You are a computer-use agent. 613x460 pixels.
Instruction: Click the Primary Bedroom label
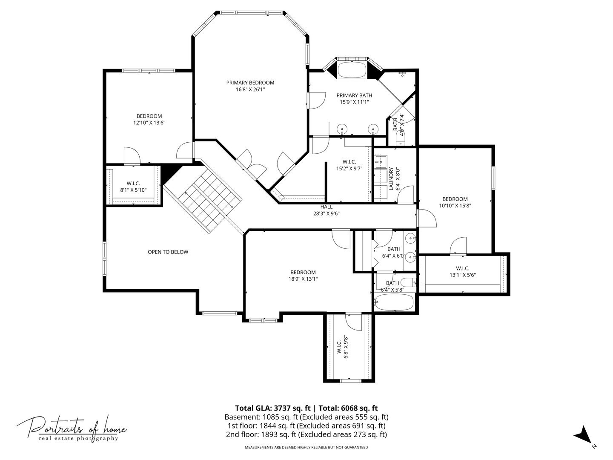[x=250, y=86]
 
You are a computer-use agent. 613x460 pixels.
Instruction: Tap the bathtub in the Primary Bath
[x=352, y=70]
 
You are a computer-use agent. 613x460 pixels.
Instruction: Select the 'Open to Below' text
[x=168, y=252]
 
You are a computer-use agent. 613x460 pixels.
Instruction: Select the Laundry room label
[x=394, y=178]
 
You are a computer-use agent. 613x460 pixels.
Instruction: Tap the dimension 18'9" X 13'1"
[x=303, y=279]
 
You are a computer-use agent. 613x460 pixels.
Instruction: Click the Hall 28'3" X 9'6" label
[x=327, y=210]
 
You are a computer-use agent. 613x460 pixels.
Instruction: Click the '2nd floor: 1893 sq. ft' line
[x=306, y=434]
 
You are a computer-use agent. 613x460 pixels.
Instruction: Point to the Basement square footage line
[x=306, y=417]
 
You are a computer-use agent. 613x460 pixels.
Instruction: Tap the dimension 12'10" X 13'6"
[x=149, y=123]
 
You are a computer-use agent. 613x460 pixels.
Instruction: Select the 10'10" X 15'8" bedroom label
[x=455, y=202]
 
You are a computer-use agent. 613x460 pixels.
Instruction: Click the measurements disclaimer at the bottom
[x=306, y=447]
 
